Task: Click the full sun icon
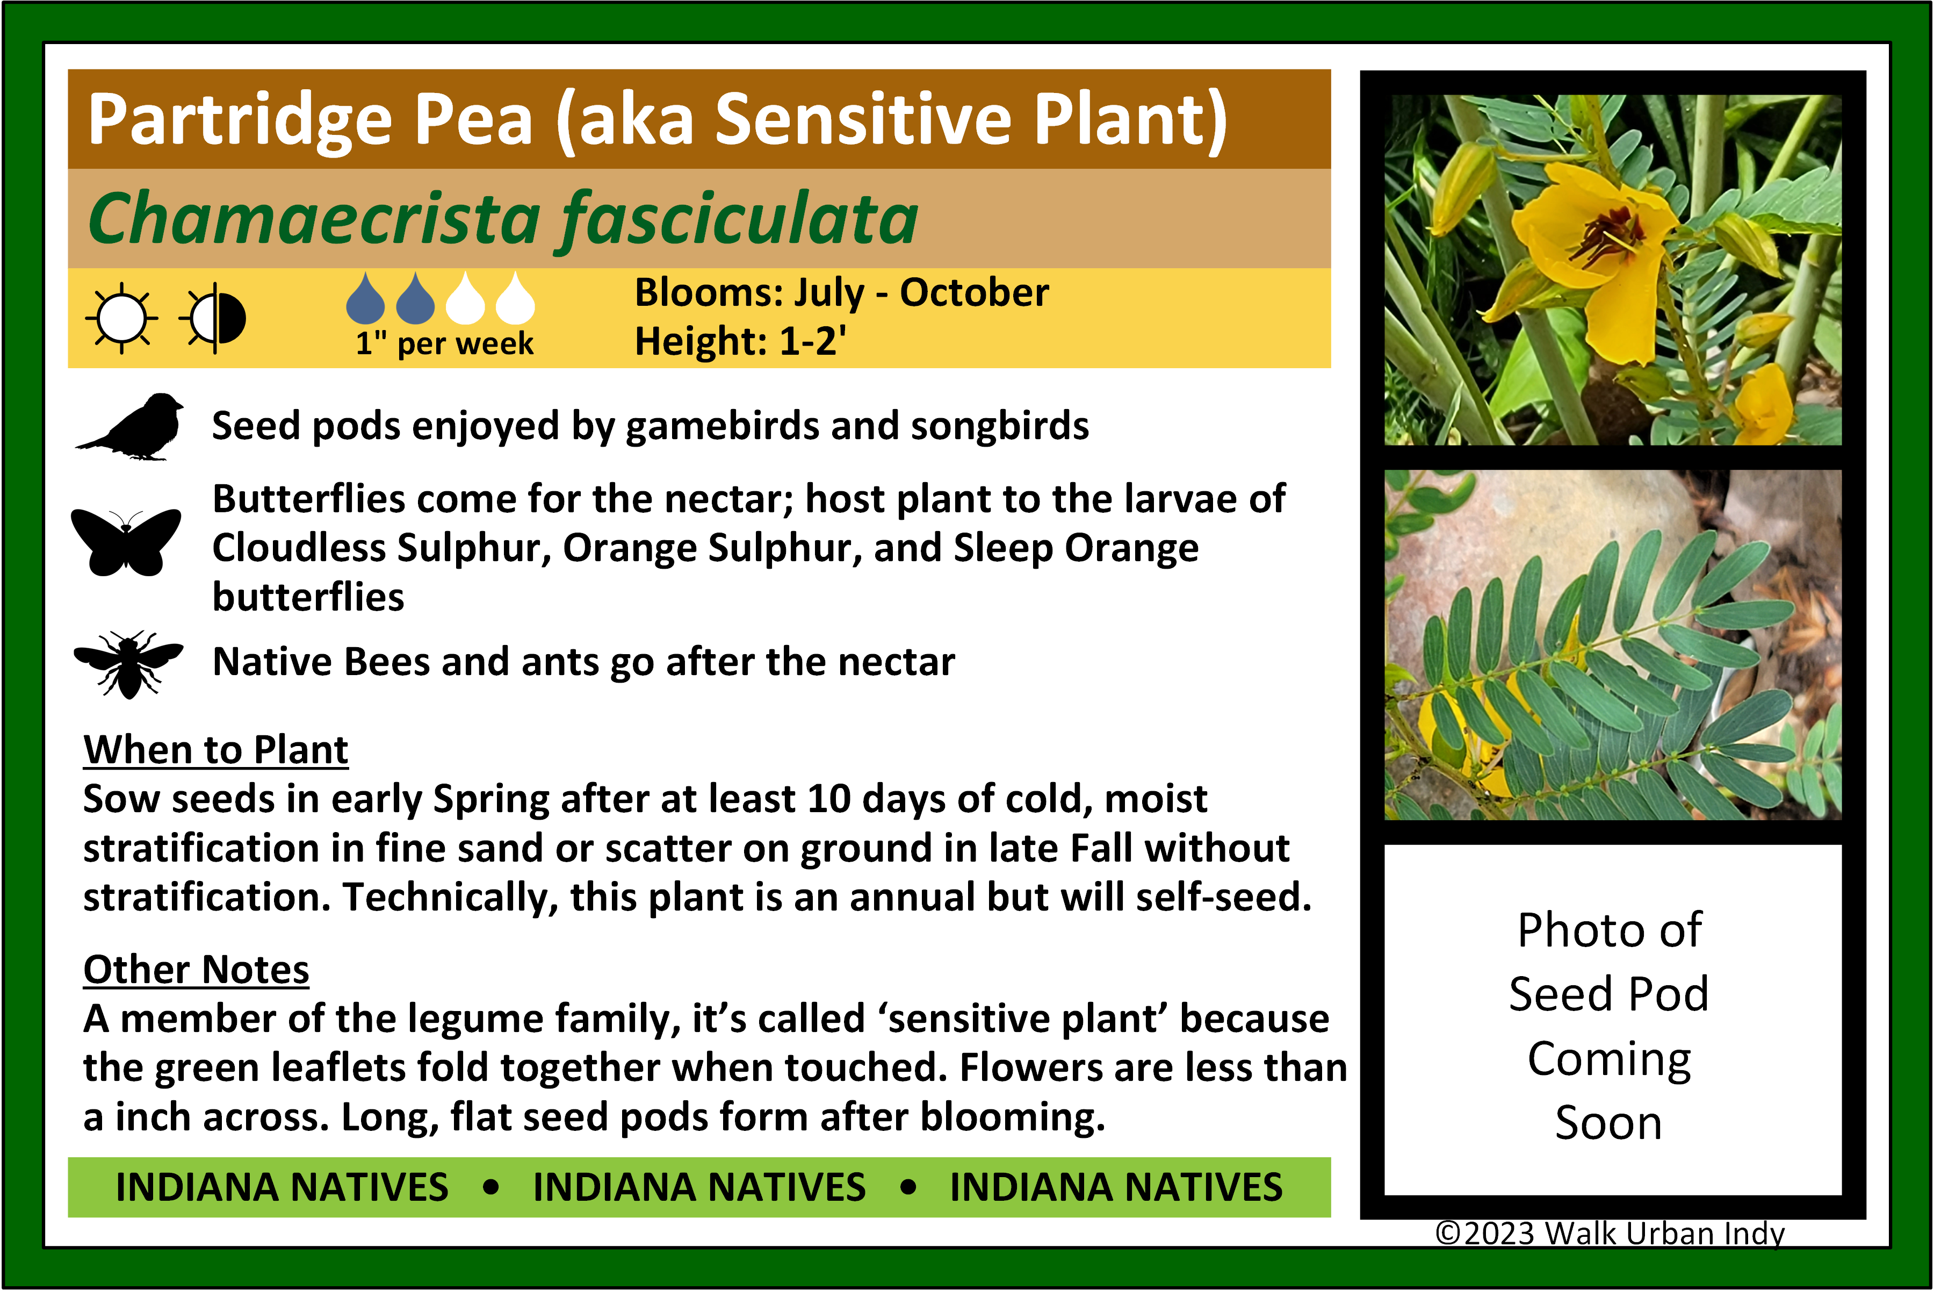tap(122, 318)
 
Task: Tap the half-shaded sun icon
tap(214, 318)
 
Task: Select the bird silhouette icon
tap(130, 426)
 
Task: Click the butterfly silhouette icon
tap(126, 541)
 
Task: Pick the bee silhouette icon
tap(128, 664)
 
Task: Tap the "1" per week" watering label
tap(444, 342)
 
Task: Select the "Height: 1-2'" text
tap(741, 341)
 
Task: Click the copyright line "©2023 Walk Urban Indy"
tap(1610, 1233)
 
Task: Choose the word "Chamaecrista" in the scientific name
tap(315, 219)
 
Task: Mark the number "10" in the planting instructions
tap(828, 799)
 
